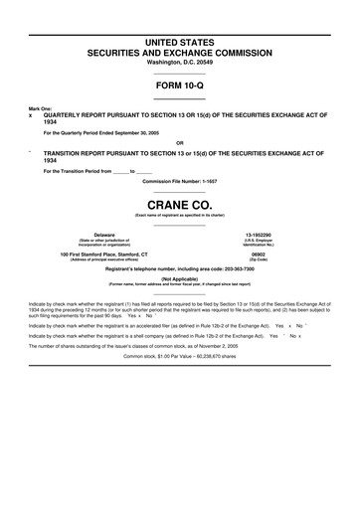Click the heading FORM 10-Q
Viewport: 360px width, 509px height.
(179, 86)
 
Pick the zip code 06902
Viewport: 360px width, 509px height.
(258, 254)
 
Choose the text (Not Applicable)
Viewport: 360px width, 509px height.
(179, 281)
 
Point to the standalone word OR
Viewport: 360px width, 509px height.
(179, 141)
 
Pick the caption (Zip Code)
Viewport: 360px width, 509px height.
(258, 259)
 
